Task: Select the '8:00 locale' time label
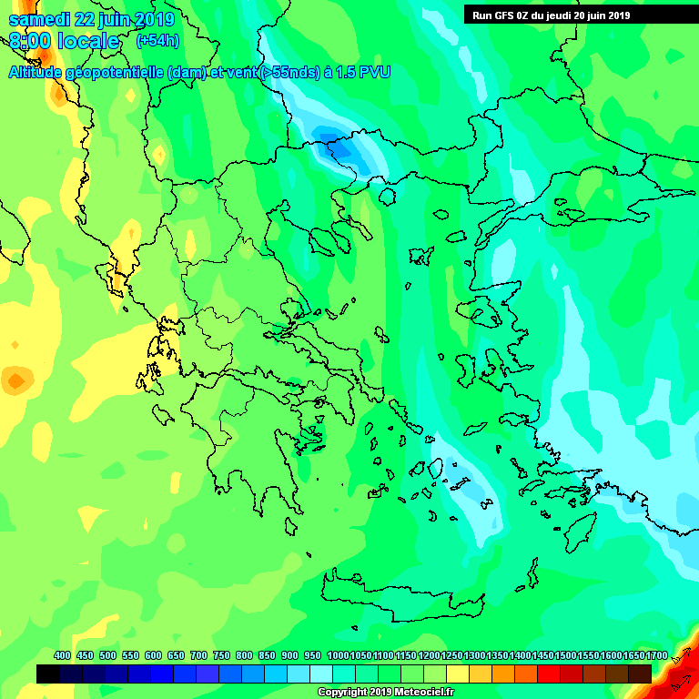[x=64, y=42]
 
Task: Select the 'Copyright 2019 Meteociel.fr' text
[x=385, y=692]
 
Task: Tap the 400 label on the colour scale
[x=62, y=655]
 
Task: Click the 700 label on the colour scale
[x=198, y=655]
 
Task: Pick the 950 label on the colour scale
[x=312, y=655]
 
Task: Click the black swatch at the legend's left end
[x=48, y=674]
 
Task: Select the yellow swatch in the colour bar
[x=458, y=674]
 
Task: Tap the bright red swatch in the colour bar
[x=549, y=674]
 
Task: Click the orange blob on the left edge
[x=16, y=379]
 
